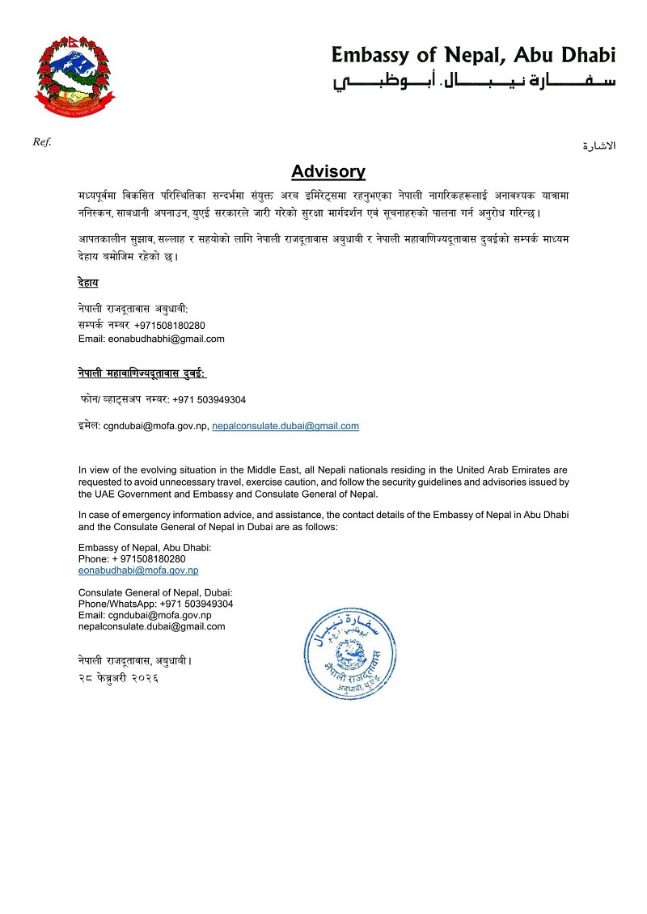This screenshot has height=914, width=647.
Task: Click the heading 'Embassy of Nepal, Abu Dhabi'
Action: tap(473, 55)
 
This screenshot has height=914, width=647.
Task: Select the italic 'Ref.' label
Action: tap(41, 142)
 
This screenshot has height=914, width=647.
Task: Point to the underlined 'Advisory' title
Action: tap(328, 171)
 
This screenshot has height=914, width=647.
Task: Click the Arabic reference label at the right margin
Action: tap(599, 146)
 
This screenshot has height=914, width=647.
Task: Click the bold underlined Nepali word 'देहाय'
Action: tap(88, 283)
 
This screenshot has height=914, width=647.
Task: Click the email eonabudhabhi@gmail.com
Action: tap(151, 339)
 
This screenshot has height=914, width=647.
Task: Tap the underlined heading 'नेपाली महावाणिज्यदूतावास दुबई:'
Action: tap(142, 373)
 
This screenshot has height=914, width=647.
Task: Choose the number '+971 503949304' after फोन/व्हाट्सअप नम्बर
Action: tap(209, 399)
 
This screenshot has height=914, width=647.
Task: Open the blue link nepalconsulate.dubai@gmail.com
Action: tap(285, 425)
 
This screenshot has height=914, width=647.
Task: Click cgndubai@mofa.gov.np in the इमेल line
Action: tap(154, 425)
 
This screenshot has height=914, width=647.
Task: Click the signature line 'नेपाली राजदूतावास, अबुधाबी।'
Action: tap(135, 661)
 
